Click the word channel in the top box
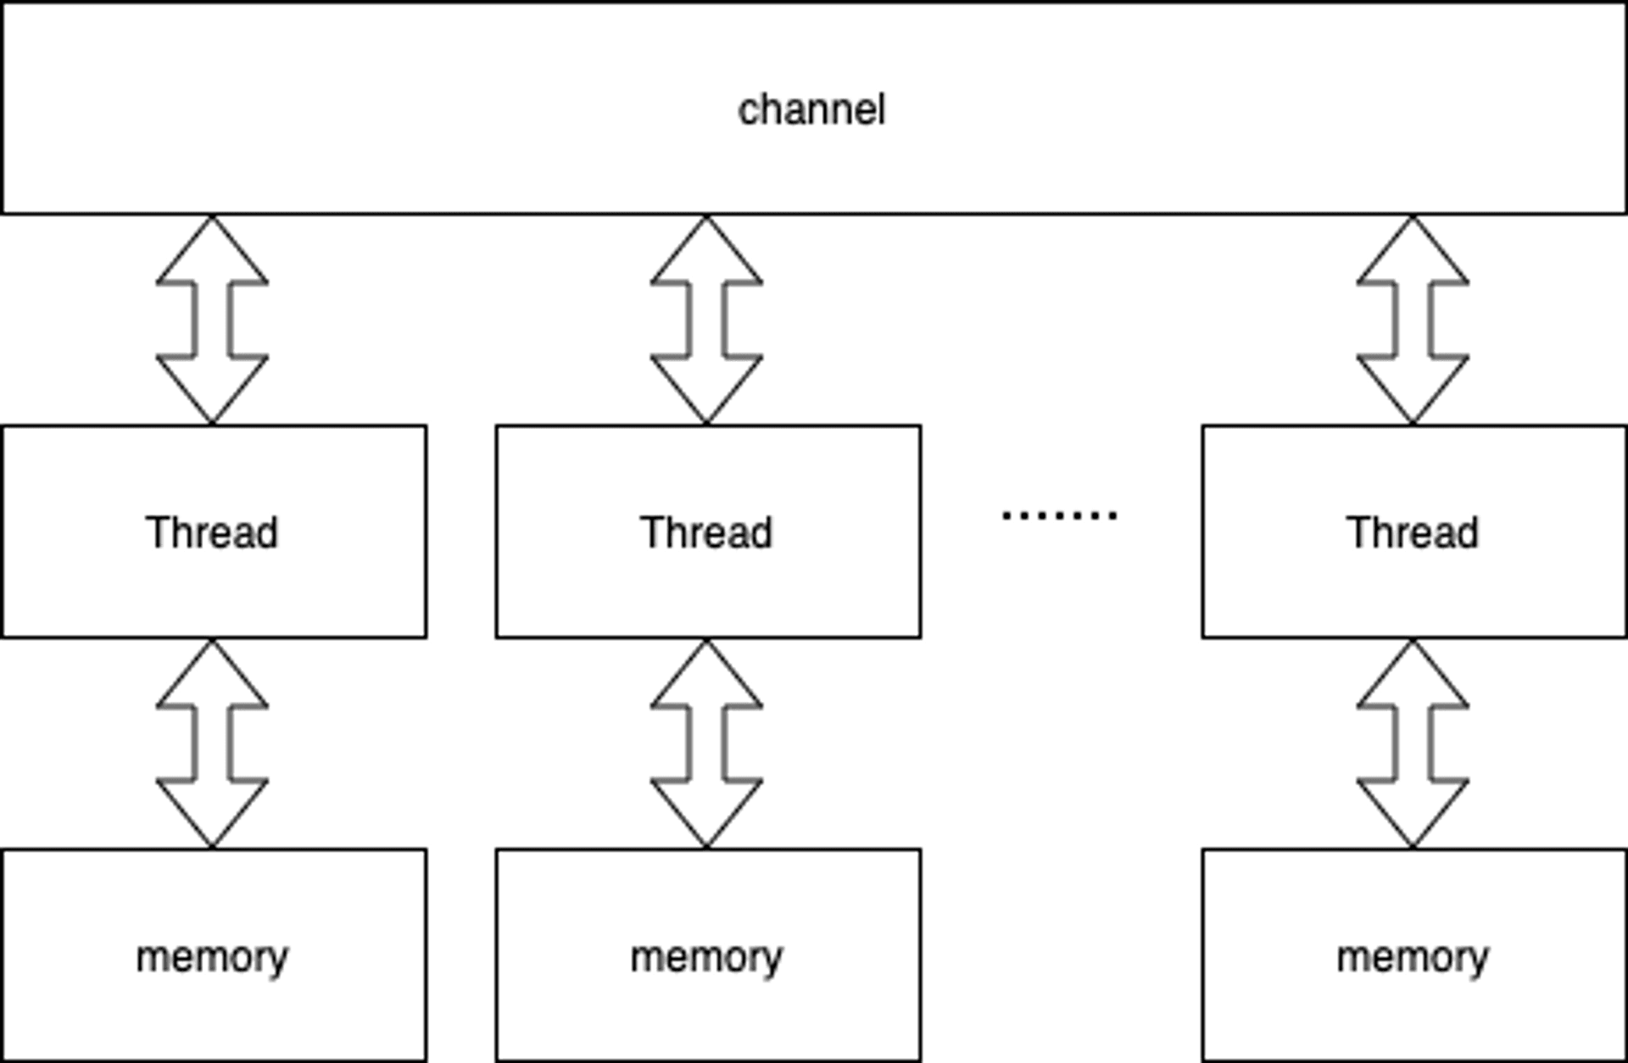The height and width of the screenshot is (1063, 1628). click(x=811, y=110)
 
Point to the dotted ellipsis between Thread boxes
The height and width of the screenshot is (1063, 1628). click(x=1059, y=515)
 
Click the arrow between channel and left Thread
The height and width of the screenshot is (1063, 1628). click(x=212, y=320)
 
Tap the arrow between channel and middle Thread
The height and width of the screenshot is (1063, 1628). click(x=706, y=320)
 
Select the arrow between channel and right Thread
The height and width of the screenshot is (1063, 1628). click(x=1413, y=320)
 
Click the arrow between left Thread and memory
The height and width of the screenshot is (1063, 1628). click(x=212, y=743)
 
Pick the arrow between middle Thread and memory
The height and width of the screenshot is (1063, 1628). click(x=706, y=743)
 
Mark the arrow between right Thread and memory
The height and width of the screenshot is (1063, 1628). click(x=1413, y=743)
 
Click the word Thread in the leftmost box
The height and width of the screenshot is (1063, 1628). click(x=212, y=532)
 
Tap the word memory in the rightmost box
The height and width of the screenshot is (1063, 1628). click(x=1413, y=958)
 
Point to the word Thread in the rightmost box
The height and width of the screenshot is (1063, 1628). click(x=1413, y=532)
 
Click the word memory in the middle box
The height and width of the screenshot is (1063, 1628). click(x=706, y=958)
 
